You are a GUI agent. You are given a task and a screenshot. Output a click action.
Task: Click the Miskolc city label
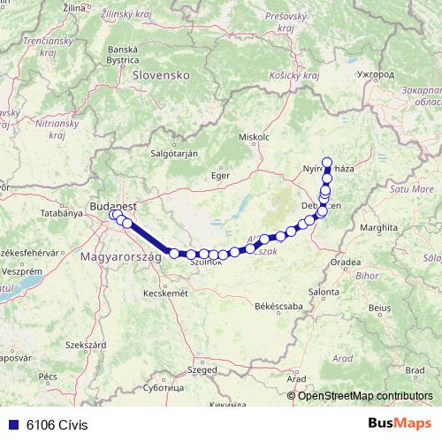point(254,138)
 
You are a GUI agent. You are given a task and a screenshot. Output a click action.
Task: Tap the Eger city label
point(219,175)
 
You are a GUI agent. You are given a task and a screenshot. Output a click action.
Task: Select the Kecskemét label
point(166,293)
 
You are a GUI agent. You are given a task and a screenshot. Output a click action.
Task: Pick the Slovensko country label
point(161,76)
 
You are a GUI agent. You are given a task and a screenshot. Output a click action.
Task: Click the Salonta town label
point(324,291)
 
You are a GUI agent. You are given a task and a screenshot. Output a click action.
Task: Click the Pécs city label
point(48,376)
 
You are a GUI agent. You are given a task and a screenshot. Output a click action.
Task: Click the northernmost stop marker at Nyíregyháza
point(328,162)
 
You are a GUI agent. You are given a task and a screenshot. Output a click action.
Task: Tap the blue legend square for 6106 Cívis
point(13,424)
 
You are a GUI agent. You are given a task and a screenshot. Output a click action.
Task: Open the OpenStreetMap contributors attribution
point(365,395)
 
